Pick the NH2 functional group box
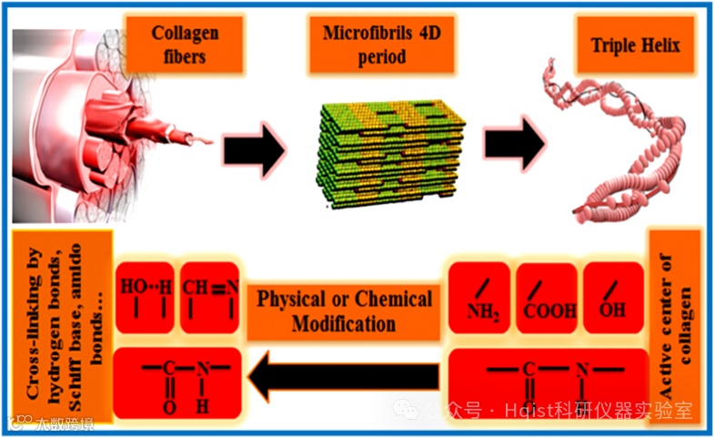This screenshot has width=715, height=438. (x=482, y=296)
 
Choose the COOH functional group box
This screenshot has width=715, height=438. (x=547, y=296)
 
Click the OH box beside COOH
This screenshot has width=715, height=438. (x=613, y=296)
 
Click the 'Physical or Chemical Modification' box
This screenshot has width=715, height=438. (x=345, y=311)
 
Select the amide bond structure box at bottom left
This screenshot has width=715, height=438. (x=178, y=381)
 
